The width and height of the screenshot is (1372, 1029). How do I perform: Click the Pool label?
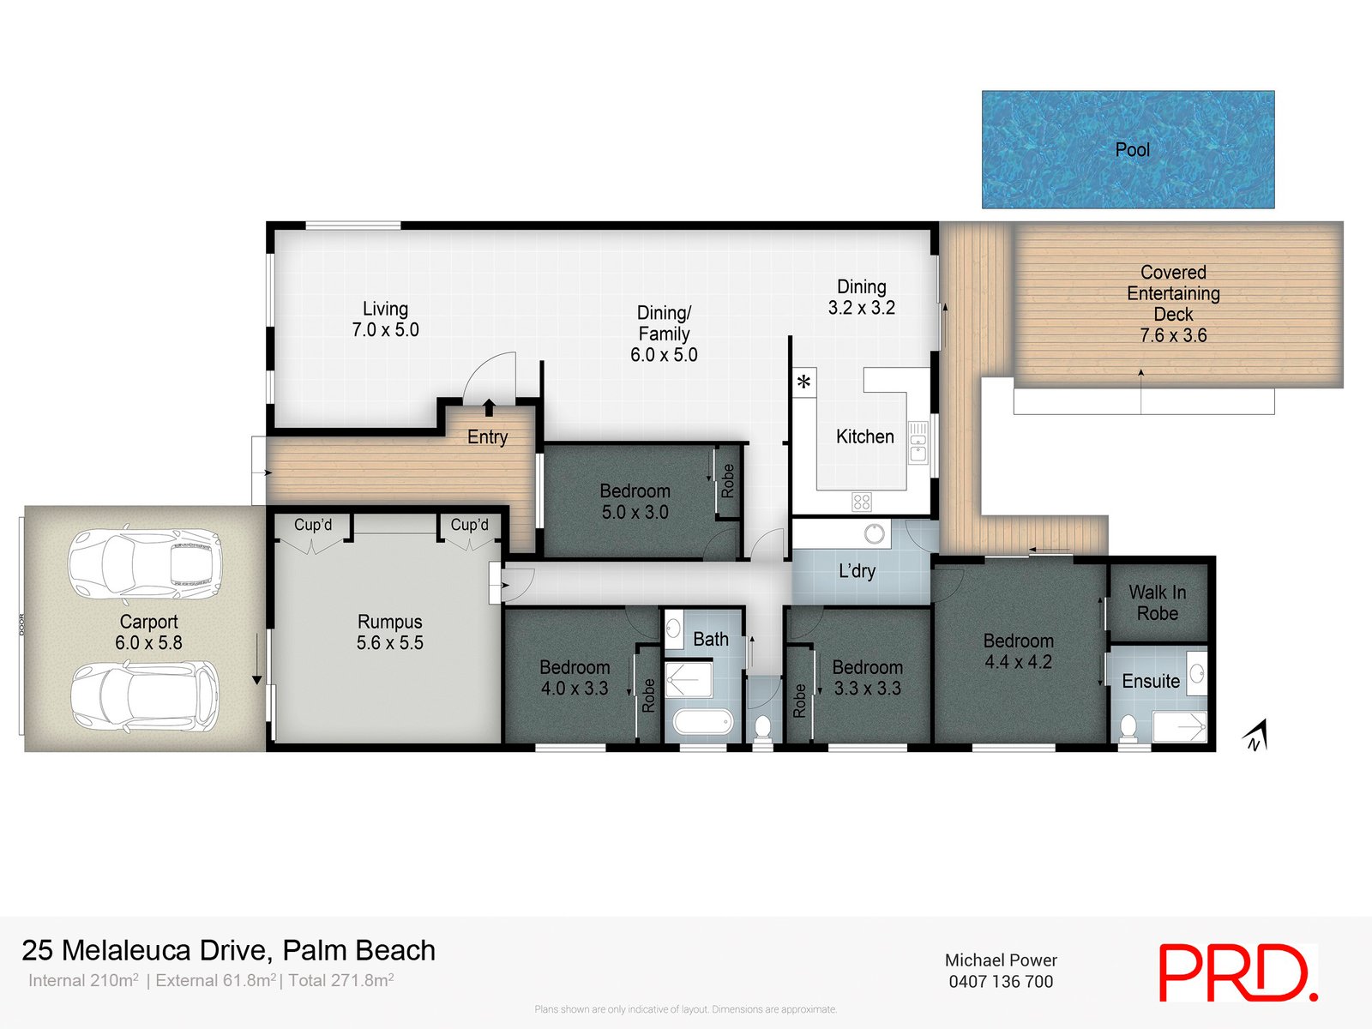click(1132, 150)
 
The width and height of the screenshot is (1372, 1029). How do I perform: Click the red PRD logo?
click(1237, 972)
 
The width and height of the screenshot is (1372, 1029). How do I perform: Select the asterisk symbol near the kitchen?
click(803, 382)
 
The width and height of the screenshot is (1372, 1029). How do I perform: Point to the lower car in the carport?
click(144, 695)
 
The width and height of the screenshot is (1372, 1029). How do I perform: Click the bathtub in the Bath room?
click(703, 723)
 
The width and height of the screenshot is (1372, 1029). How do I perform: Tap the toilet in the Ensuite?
click(1128, 728)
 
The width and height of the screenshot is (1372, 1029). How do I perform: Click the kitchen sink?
click(918, 442)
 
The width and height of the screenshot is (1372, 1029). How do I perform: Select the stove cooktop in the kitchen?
click(862, 502)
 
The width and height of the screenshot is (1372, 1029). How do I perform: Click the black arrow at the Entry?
click(489, 407)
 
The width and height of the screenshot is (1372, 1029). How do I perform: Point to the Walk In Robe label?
click(1157, 603)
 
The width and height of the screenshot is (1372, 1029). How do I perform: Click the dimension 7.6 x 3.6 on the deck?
click(1172, 336)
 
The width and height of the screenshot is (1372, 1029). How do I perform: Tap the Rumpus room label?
click(389, 622)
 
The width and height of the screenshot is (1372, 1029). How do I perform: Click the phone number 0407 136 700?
click(1001, 982)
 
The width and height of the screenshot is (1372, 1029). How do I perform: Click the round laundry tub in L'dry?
click(874, 534)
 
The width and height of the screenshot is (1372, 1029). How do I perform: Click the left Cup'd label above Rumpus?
click(312, 525)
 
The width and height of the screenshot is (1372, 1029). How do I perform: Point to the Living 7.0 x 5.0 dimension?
click(385, 330)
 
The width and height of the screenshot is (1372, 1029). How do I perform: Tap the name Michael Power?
click(1001, 960)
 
